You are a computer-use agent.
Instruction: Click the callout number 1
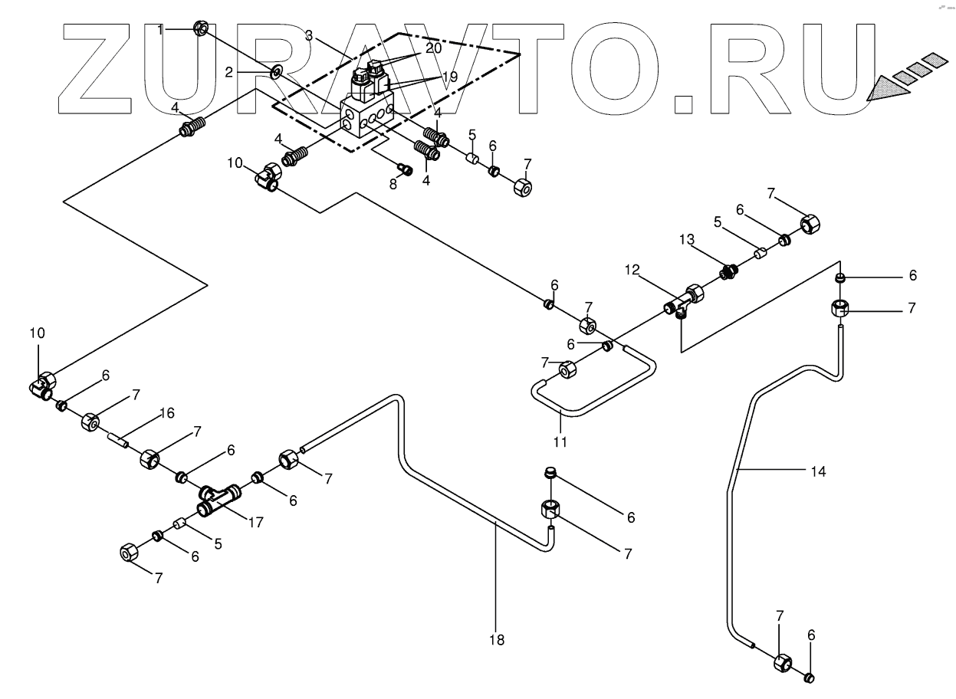pos(160,29)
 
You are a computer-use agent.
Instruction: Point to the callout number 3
pos(308,34)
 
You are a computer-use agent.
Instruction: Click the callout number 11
pos(560,441)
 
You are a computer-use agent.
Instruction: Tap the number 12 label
pos(632,269)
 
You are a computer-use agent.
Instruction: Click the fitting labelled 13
pos(729,270)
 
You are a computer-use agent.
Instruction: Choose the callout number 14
pos(820,471)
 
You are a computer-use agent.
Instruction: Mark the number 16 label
pos(167,413)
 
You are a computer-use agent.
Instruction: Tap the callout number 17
pos(255,523)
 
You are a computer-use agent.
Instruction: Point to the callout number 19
pos(448,77)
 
